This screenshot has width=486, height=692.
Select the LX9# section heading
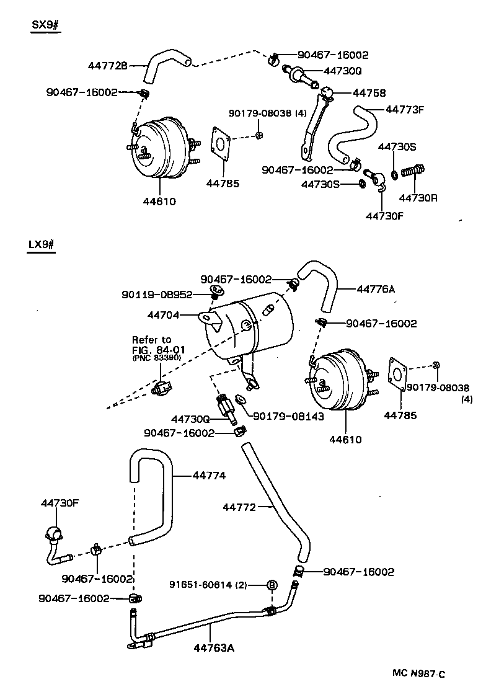42,244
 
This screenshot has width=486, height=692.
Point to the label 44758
369,93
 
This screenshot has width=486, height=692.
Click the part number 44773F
405,109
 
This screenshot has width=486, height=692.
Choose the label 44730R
417,198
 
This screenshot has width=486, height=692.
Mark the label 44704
163,315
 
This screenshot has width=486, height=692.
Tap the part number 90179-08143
288,417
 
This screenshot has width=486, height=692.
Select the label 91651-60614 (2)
208,585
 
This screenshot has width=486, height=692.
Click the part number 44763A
214,649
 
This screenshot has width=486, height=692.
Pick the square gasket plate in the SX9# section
221,148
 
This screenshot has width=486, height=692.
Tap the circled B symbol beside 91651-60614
272,585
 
